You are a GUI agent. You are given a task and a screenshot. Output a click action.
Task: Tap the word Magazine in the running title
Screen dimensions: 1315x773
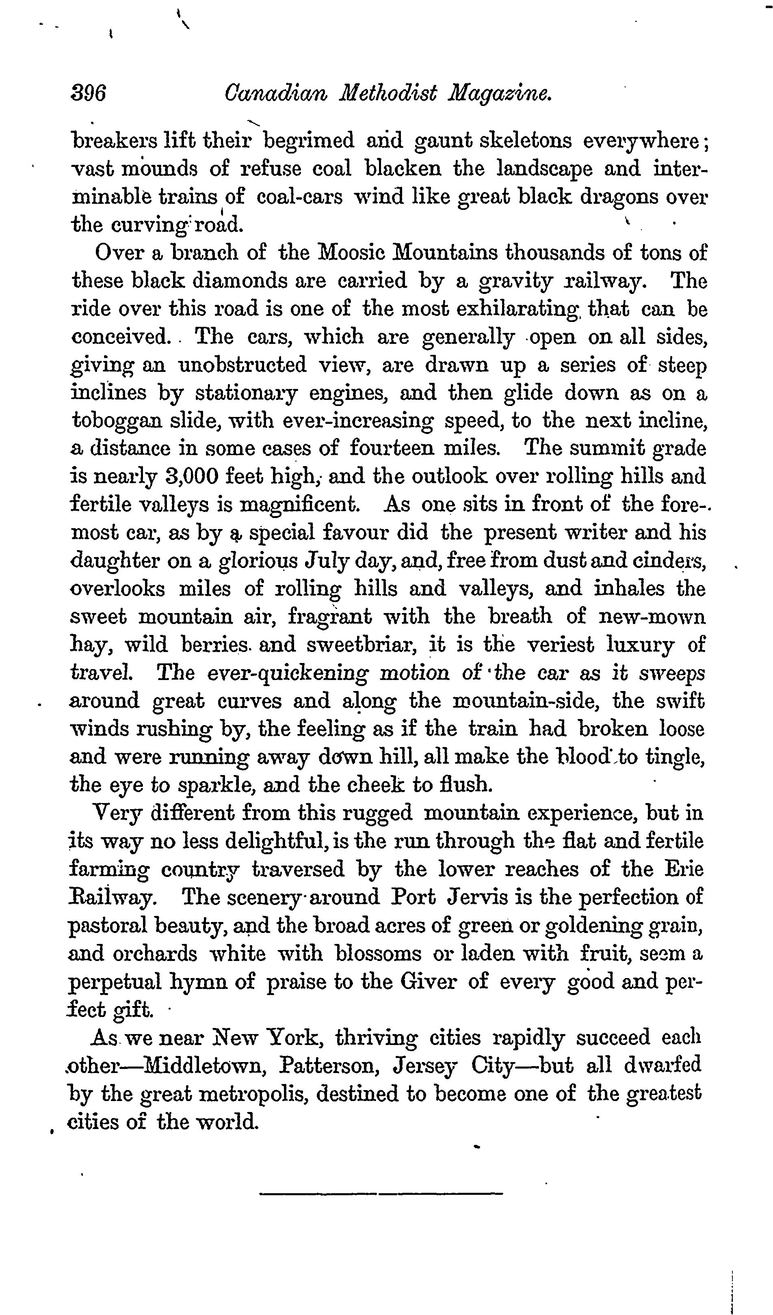pyautogui.click(x=500, y=95)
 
